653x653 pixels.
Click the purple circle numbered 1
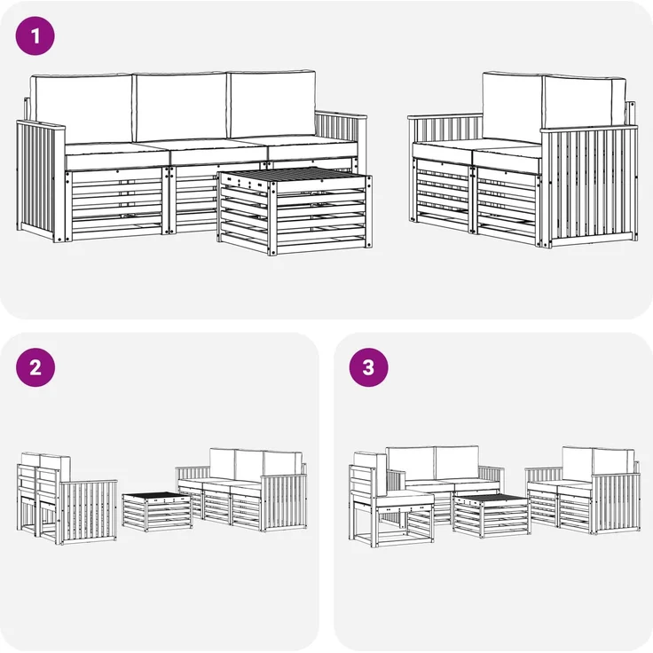click(x=35, y=35)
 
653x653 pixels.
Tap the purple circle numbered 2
click(x=35, y=367)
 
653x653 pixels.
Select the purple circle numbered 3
click(x=368, y=367)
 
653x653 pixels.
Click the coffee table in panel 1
click(x=295, y=211)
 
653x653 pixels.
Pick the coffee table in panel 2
click(x=157, y=511)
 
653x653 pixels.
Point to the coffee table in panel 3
click(x=492, y=515)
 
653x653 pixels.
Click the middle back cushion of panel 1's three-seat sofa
click(x=181, y=107)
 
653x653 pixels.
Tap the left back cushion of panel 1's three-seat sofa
click(x=82, y=109)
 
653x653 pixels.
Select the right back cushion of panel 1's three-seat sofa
click(x=271, y=104)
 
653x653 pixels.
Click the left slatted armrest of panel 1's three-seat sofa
click(x=40, y=180)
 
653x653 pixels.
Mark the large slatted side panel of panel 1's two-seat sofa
click(x=590, y=186)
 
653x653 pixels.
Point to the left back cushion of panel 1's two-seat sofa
click(x=513, y=107)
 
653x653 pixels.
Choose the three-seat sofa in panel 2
click(x=241, y=490)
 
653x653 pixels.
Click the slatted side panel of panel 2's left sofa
click(x=88, y=512)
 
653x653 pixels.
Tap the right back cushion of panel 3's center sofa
click(x=457, y=462)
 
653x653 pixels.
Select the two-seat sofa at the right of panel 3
click(x=583, y=490)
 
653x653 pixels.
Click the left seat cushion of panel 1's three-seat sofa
click(x=117, y=156)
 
